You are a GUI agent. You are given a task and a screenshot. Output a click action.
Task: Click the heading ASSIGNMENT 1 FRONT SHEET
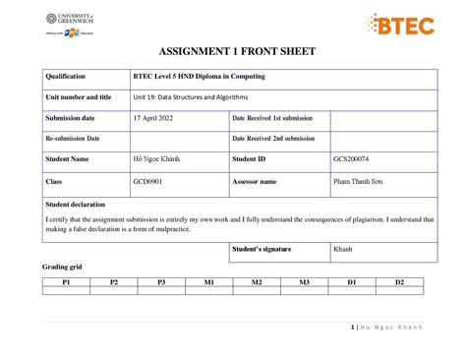(x=233, y=53)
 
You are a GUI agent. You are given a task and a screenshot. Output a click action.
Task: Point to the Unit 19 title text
(x=191, y=97)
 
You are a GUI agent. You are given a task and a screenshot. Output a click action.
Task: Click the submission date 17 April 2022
(x=155, y=118)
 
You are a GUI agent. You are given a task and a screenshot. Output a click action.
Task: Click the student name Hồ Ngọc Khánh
(x=157, y=159)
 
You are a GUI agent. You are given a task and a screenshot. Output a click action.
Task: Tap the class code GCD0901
(x=150, y=182)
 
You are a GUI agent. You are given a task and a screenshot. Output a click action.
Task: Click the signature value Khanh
(x=344, y=250)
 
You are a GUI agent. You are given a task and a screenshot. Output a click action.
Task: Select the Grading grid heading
(x=61, y=268)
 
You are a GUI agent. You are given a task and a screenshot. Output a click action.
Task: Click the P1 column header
(x=66, y=282)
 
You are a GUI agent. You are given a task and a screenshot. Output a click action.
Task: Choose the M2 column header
(x=257, y=282)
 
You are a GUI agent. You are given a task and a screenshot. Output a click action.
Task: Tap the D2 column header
(x=400, y=282)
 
